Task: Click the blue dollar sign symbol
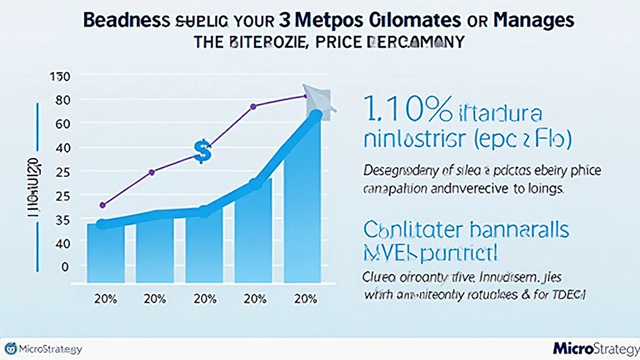pos(202,151)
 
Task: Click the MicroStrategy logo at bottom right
pos(593,347)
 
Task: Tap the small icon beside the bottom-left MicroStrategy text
pos(11,348)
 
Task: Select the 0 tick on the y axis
pos(64,266)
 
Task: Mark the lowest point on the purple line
pos(103,204)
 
